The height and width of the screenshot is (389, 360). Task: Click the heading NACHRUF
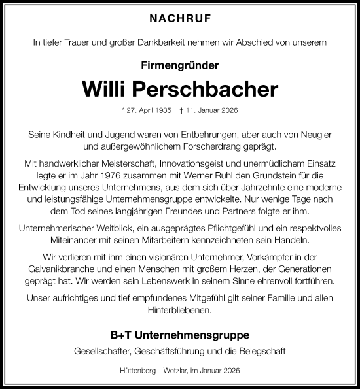pos(179,20)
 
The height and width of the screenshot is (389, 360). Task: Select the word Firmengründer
pos(179,65)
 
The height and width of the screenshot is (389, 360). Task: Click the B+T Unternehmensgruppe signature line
pos(179,335)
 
